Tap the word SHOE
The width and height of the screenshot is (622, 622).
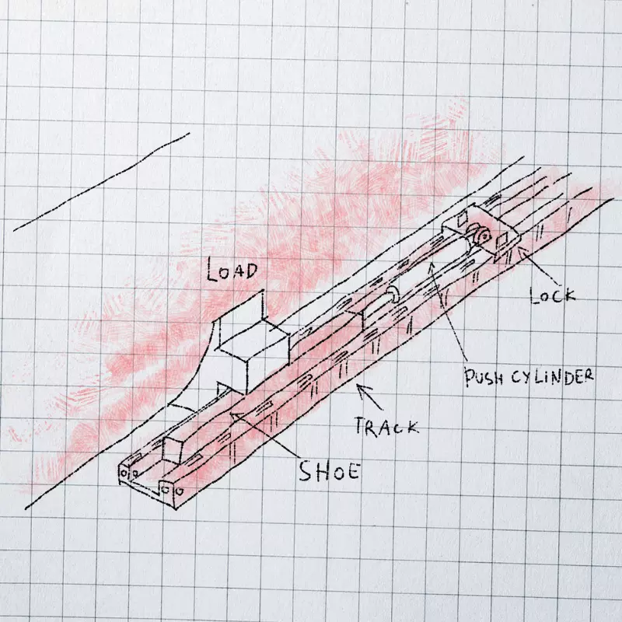coord(329,472)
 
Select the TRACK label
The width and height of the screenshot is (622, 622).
coord(386,426)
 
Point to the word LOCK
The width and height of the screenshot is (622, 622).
coord(553,295)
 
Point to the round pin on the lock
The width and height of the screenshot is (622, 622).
coord(483,237)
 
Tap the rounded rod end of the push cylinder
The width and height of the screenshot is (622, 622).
coord(393,295)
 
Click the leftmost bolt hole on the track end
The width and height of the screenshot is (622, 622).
coord(124,473)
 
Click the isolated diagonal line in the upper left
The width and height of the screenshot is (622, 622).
coord(102,182)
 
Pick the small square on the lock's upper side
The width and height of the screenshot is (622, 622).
coord(463,219)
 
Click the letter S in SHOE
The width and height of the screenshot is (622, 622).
coord(306,472)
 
